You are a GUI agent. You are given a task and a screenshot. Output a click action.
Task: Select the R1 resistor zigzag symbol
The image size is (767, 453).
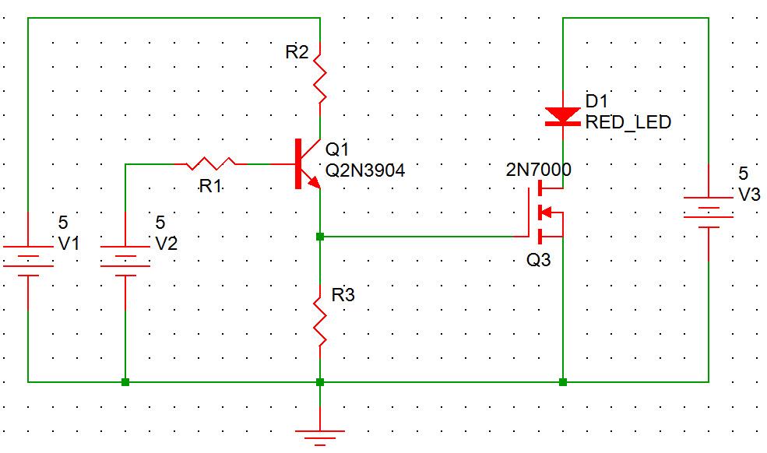(x=211, y=163)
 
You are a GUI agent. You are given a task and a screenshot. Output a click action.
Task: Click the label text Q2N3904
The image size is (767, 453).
(x=365, y=170)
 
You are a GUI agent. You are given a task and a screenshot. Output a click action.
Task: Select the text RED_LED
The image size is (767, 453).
(x=628, y=122)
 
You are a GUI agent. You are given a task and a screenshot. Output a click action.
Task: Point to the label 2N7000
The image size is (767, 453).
(x=538, y=169)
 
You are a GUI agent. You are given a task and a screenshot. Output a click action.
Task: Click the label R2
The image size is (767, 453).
(x=297, y=53)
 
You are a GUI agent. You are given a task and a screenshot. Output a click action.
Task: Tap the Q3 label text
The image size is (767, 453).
(x=538, y=260)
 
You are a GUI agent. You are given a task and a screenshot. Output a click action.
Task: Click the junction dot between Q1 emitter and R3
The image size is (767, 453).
(x=319, y=235)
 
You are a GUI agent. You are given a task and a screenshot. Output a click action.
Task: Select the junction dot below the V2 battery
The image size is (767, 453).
(x=125, y=382)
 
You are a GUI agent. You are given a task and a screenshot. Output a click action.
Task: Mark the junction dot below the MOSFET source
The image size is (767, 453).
(x=562, y=382)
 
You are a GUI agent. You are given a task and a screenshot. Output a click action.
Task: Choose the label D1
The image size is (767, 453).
(x=596, y=101)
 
